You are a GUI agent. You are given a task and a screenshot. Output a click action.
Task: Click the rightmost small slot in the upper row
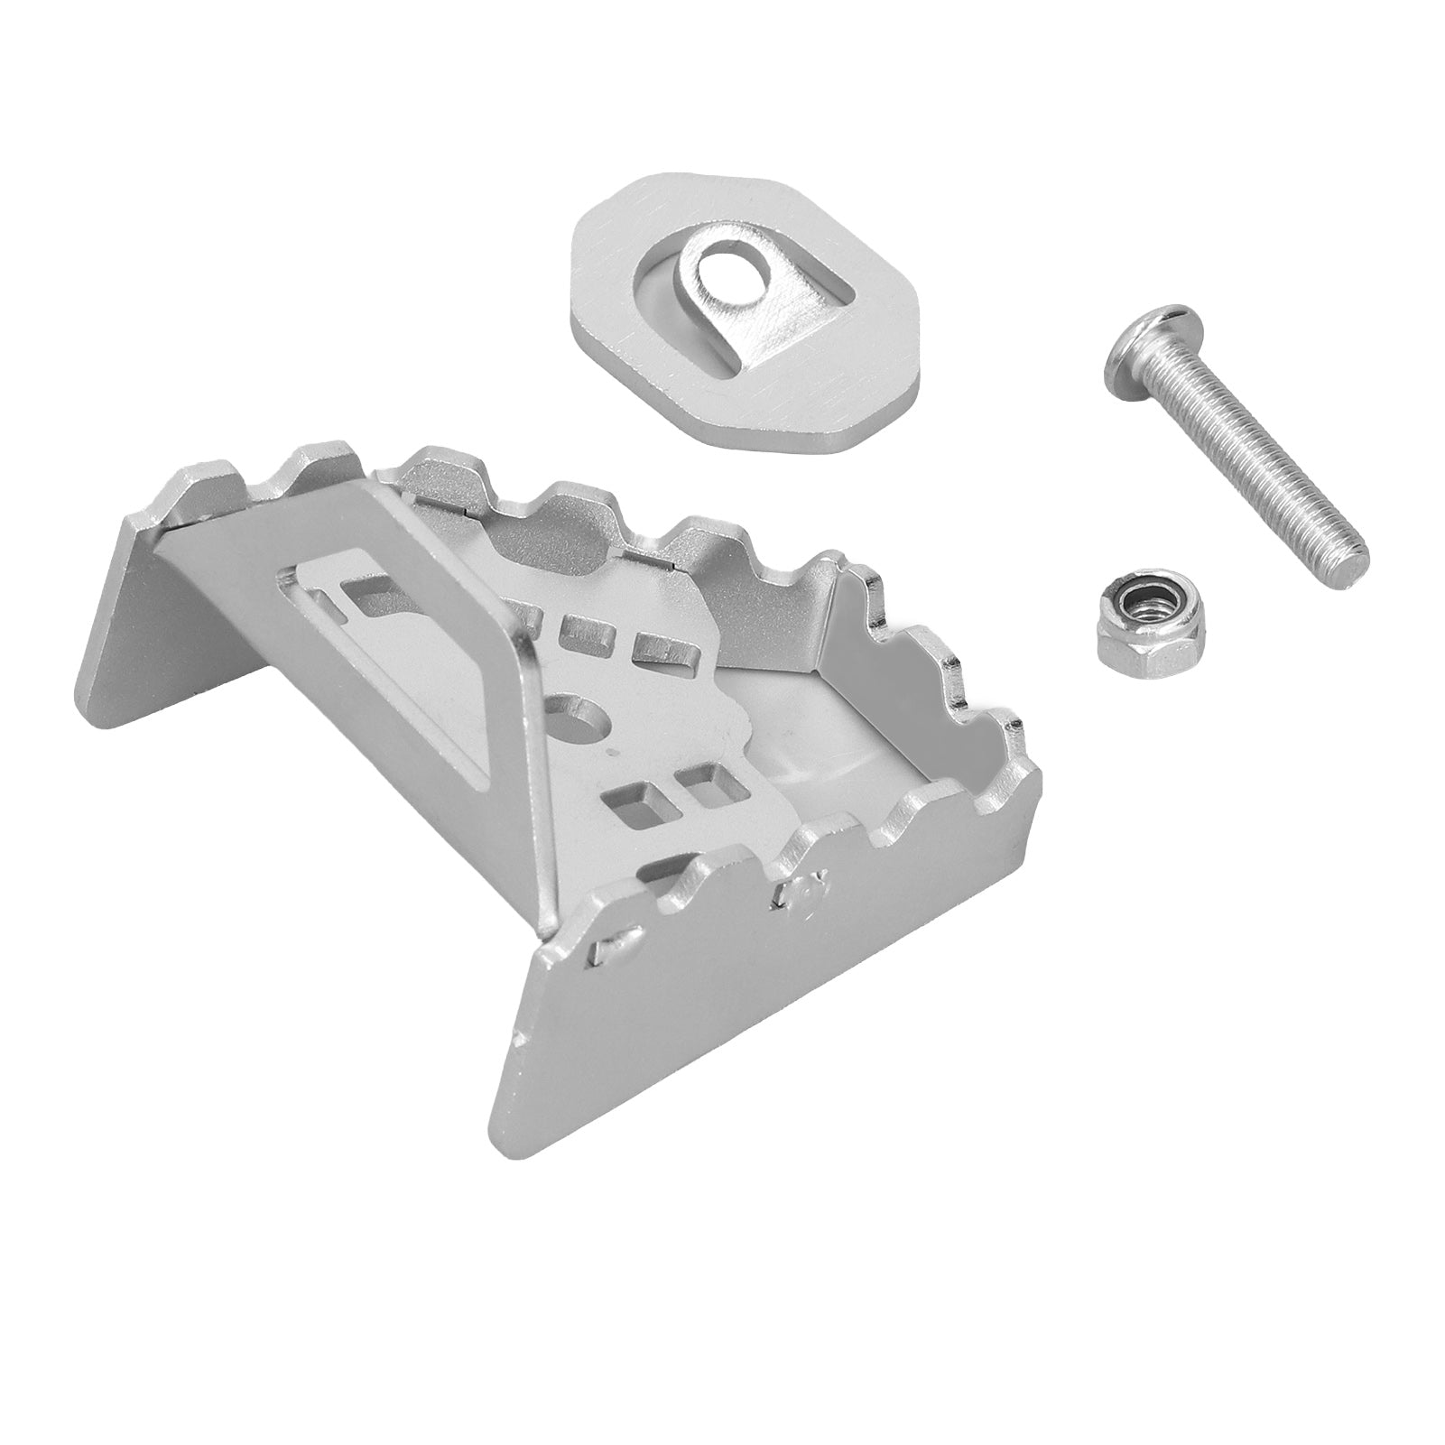pos(656,644)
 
